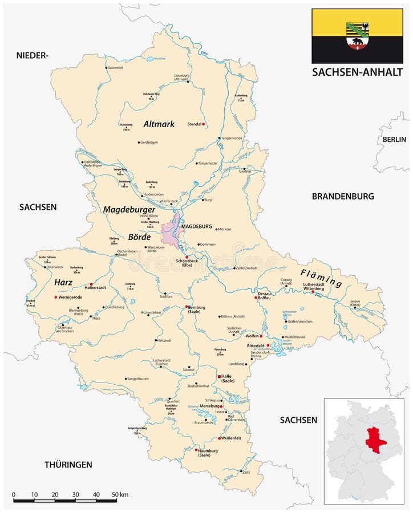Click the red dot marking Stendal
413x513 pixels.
tap(204, 124)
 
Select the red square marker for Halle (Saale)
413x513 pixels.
tap(220, 377)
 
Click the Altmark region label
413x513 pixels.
tap(159, 124)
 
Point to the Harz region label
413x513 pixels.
tap(63, 282)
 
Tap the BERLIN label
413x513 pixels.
tap(394, 139)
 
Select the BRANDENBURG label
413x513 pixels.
tap(343, 196)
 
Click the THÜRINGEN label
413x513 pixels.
tap(68, 465)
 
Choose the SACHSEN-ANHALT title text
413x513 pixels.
tap(357, 72)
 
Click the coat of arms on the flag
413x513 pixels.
tap(357, 35)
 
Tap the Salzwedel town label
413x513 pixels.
tap(115, 68)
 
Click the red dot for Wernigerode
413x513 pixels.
tap(56, 297)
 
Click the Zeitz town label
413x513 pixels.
tap(246, 473)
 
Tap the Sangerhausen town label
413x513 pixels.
tap(139, 378)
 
